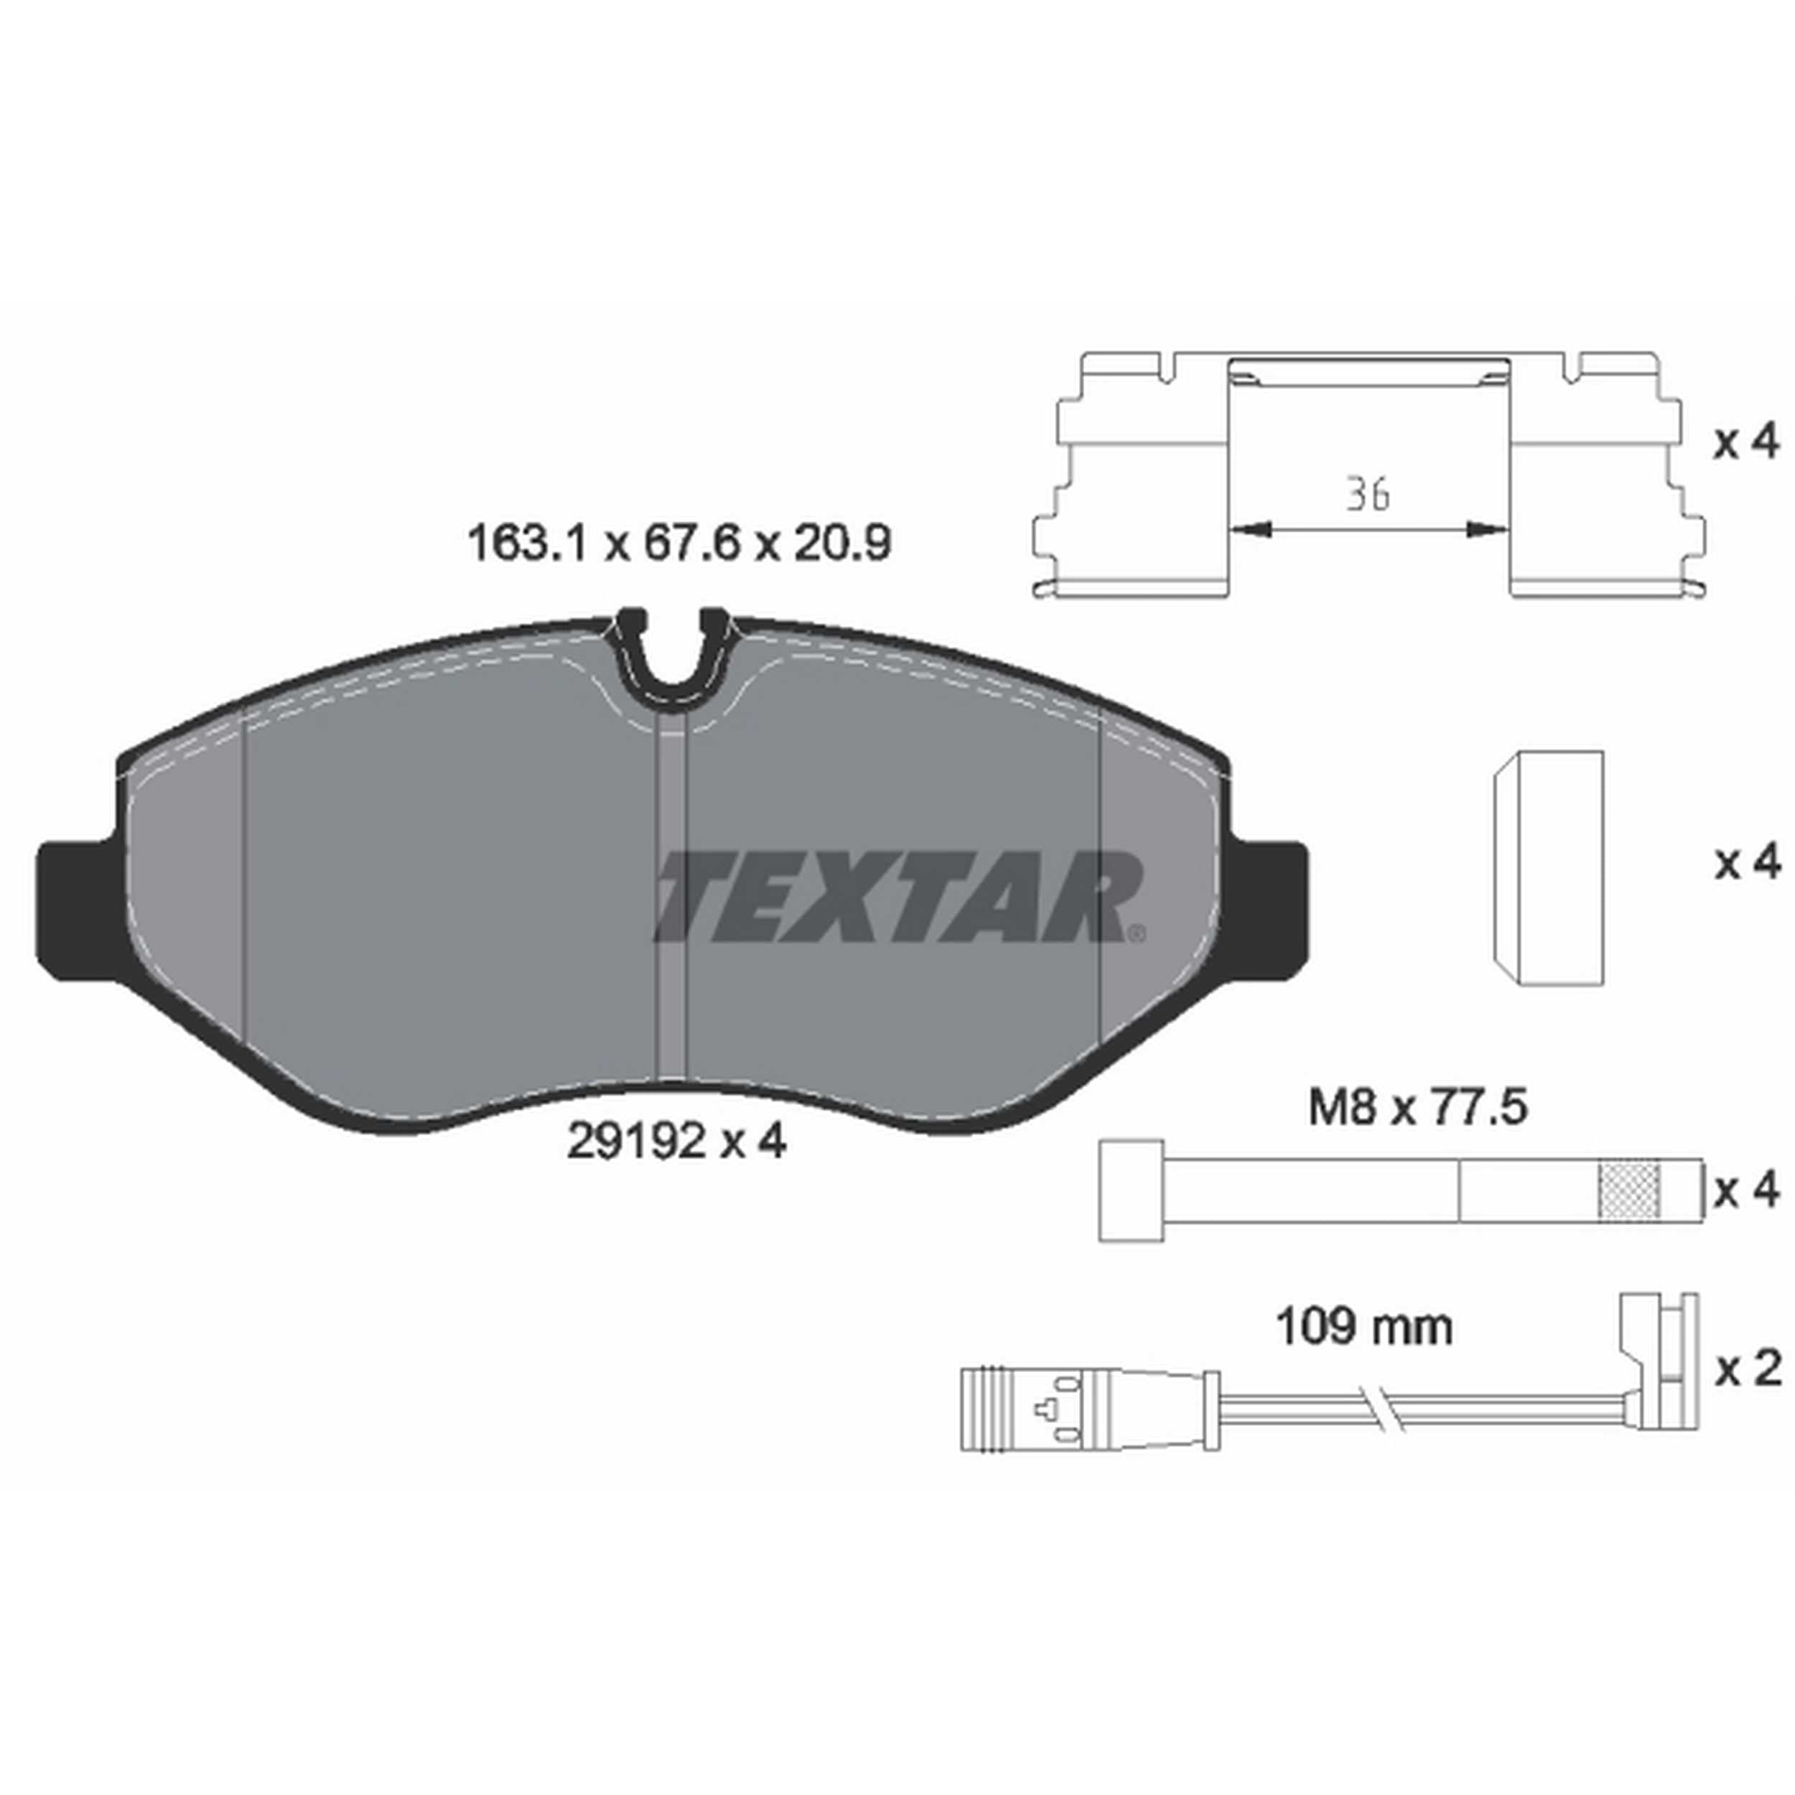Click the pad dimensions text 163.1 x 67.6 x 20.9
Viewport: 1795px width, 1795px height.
[x=679, y=544]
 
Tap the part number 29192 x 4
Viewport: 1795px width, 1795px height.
[x=676, y=1142]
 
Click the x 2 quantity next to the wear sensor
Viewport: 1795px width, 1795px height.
[x=1748, y=1369]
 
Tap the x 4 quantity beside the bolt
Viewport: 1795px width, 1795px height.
[x=1748, y=1191]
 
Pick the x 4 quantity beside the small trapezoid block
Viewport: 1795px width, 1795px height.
[x=1748, y=863]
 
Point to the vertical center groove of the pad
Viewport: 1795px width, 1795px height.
[x=670, y=892]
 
